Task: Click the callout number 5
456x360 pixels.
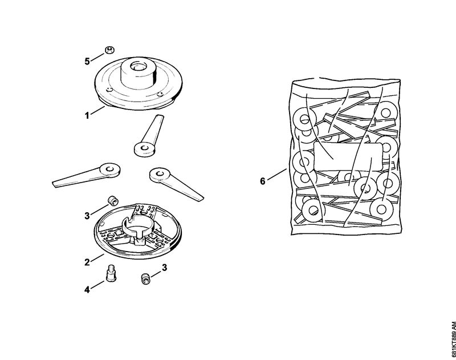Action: pyautogui.click(x=87, y=62)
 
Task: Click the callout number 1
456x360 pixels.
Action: pyautogui.click(x=87, y=116)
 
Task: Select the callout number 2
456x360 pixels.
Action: pyautogui.click(x=87, y=262)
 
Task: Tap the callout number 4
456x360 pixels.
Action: pyautogui.click(x=87, y=290)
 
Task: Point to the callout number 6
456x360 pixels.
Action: pyautogui.click(x=263, y=181)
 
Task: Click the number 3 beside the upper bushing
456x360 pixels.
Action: pyautogui.click(x=87, y=216)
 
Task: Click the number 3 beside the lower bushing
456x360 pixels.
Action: pyautogui.click(x=164, y=268)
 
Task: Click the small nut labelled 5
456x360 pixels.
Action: pyautogui.click(x=109, y=50)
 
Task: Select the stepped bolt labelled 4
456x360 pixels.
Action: pyautogui.click(x=111, y=273)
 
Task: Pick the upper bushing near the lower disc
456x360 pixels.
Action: pyautogui.click(x=112, y=200)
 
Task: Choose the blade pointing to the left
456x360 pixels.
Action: pyautogui.click(x=87, y=175)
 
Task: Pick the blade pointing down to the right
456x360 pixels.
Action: pyautogui.click(x=176, y=184)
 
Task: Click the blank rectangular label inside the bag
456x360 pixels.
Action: pyautogui.click(x=348, y=157)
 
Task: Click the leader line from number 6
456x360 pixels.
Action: pyautogui.click(x=277, y=175)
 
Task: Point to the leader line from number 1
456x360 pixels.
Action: pyautogui.click(x=97, y=111)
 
